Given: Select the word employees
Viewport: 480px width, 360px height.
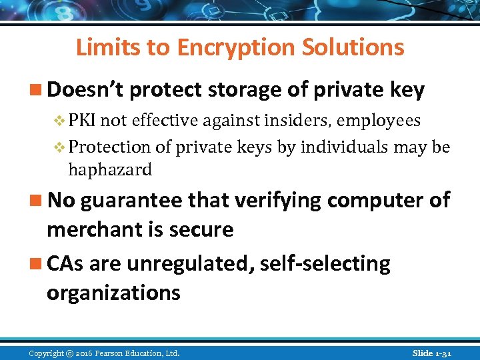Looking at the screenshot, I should (379, 120).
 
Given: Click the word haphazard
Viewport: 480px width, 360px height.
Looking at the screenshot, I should (110, 169).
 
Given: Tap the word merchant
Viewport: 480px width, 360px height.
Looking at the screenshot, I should (91, 229).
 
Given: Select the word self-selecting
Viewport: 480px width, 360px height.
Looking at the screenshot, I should (325, 263).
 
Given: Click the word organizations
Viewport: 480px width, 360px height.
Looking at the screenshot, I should (113, 293).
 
